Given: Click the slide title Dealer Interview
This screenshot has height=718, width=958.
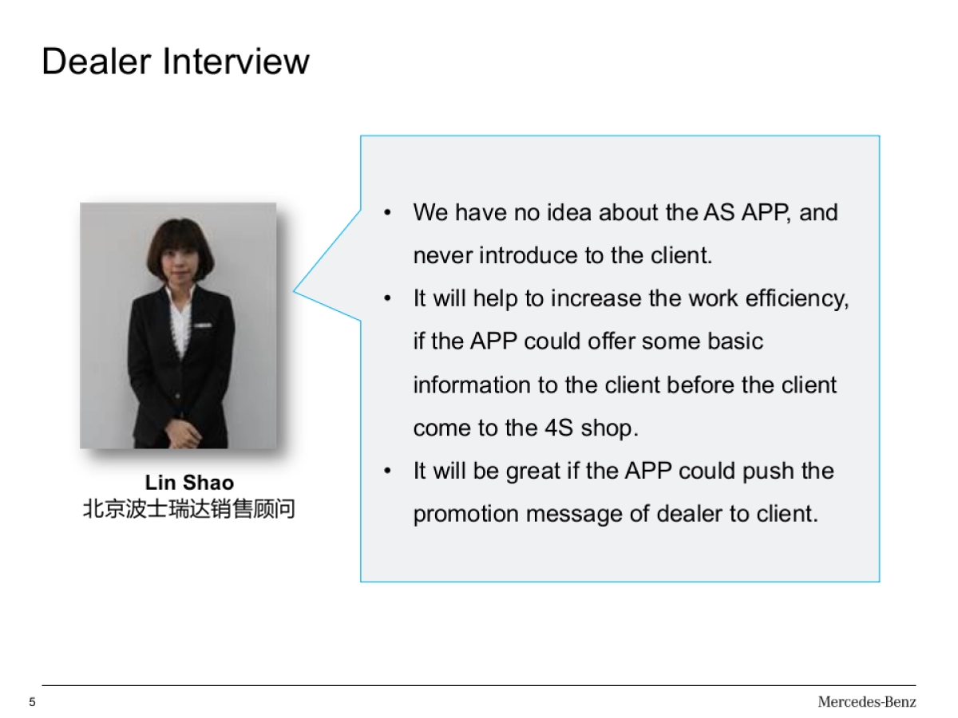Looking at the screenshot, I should coord(175,61).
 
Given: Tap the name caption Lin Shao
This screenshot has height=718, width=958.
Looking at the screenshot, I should coord(189,483).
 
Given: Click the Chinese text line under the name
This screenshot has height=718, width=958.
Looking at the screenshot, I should coord(189,509).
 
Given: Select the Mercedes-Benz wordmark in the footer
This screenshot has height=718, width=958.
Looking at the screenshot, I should coord(866,702).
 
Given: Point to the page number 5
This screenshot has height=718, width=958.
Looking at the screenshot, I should coord(33,702).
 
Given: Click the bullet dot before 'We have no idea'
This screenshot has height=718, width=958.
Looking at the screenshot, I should coord(387,213).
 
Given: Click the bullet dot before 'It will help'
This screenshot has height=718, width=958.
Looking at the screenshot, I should coord(387,299).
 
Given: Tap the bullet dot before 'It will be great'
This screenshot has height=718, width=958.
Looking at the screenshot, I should coord(387,471).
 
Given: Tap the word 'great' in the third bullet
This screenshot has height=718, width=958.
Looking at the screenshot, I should coord(533,471).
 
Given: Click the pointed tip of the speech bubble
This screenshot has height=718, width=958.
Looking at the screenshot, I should coord(295,291).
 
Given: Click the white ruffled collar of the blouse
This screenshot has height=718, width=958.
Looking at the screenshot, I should coord(180,319).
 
